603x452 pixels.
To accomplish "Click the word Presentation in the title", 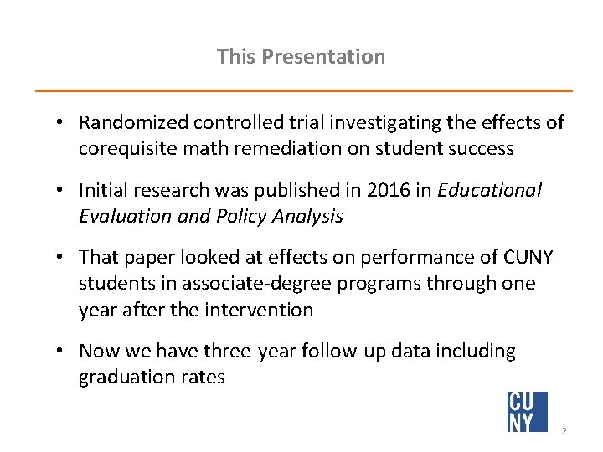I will (323, 57).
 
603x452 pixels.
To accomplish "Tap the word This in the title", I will (236, 57).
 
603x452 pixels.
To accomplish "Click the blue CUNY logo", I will (527, 411).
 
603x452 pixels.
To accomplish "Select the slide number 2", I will (564, 431).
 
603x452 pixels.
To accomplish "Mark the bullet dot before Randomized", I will (62, 123).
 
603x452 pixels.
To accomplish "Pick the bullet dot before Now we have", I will (62, 352).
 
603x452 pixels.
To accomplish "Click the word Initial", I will (106, 191).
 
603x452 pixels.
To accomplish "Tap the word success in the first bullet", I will (483, 149).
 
